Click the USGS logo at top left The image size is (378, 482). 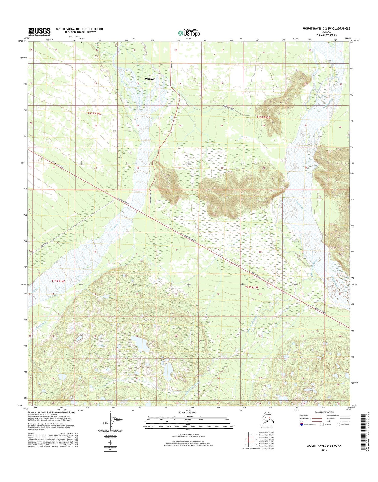[x=39, y=32]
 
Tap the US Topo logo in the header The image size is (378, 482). [x=189, y=33]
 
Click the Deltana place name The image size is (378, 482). [x=149, y=79]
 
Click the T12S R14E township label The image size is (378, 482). [x=94, y=114]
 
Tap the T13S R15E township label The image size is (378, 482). [x=252, y=287]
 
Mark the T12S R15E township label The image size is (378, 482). [x=263, y=117]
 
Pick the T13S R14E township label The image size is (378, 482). [x=58, y=281]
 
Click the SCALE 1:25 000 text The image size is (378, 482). [x=187, y=412]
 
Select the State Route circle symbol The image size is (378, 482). [x=338, y=424]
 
